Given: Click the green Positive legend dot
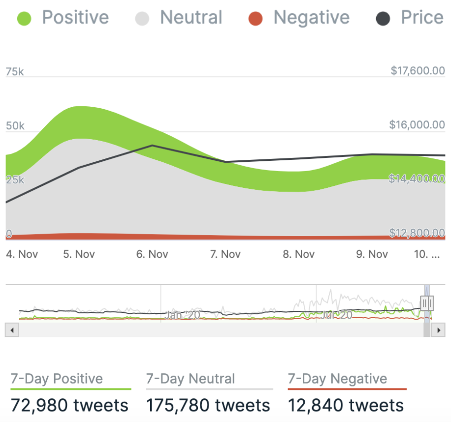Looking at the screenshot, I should click(24, 19).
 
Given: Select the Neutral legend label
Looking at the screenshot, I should click(191, 18).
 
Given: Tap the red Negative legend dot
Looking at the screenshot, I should click(255, 19).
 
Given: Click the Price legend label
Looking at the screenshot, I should click(422, 18).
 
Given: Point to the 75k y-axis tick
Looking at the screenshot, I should click(14, 72).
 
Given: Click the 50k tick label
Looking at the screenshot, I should click(15, 126).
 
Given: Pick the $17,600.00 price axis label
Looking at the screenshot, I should click(418, 71).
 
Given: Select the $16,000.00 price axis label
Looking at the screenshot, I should click(417, 125).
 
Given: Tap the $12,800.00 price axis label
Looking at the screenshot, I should click(417, 233).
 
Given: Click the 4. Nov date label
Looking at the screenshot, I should click(22, 254).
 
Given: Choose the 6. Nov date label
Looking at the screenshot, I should click(152, 254).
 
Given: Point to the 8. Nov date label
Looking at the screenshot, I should click(298, 254).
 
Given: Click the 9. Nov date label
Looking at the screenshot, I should click(372, 254).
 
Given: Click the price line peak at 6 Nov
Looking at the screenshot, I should click(152, 146).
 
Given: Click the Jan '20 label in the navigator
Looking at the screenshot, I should click(182, 315).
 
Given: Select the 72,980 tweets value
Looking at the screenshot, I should click(69, 406).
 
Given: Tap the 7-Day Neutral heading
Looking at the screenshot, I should click(191, 379).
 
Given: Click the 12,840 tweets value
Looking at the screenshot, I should click(346, 406).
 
